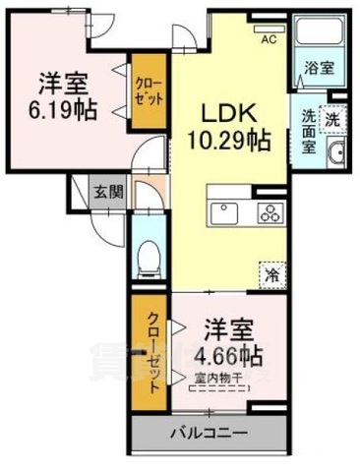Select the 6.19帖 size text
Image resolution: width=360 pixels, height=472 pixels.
tap(62, 108)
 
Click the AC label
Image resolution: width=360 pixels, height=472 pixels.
tap(267, 40)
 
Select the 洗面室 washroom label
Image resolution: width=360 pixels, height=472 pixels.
tap(307, 130)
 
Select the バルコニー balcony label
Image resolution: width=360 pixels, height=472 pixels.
tap(209, 432)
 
